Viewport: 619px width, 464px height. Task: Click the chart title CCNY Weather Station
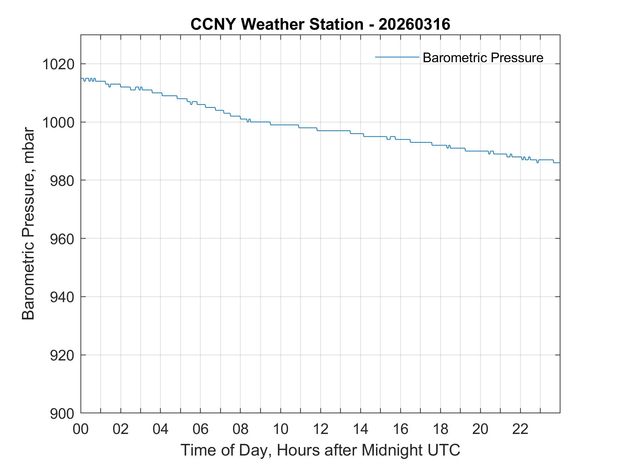277,24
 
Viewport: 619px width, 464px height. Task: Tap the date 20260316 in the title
414,24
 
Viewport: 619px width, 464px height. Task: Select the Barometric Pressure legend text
483,58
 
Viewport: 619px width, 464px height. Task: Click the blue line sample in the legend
397,57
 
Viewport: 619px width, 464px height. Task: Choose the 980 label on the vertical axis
62,181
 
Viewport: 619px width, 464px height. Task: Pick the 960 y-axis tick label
62,239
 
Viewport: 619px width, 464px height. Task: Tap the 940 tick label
62,297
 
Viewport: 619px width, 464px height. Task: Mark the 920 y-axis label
62,355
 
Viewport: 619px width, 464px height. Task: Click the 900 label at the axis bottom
62,413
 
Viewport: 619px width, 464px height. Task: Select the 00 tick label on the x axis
81,429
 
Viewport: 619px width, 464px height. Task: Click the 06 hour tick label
201,429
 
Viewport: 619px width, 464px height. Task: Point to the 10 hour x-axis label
280,429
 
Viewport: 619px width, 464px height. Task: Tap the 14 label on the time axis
360,429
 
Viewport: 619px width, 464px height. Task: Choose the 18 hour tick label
440,429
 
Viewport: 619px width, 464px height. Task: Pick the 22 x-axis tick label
520,429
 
